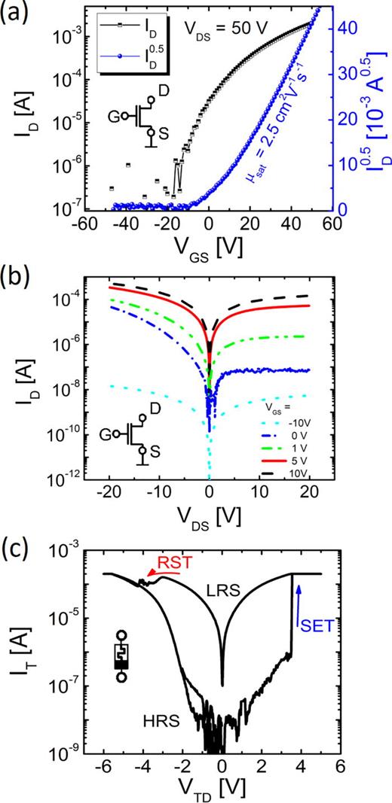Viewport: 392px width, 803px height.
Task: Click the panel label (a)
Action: point(17,13)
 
